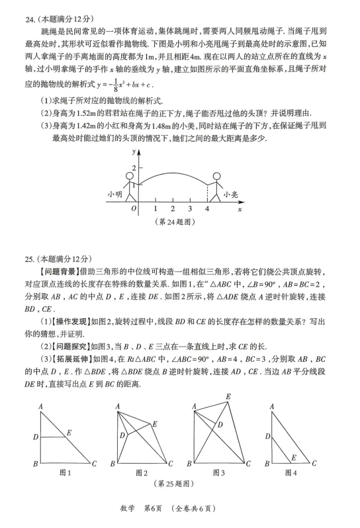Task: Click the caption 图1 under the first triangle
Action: (x=65, y=472)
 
